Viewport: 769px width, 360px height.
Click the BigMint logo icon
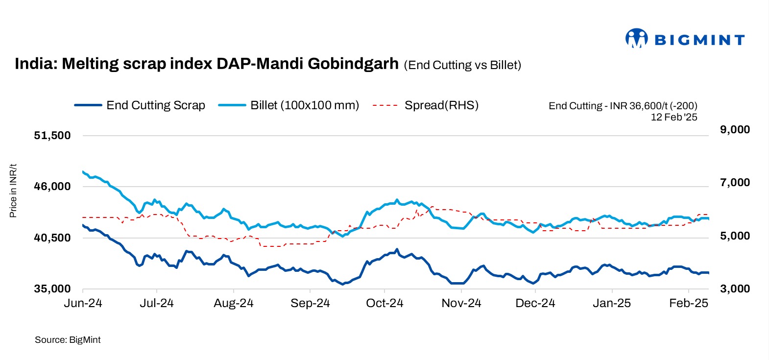[x=636, y=38]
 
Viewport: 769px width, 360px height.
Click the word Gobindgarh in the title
[x=353, y=64]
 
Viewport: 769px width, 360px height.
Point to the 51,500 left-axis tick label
[x=52, y=136]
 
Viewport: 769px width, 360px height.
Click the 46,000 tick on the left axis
[x=52, y=187]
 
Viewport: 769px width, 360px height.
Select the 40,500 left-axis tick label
[x=52, y=238]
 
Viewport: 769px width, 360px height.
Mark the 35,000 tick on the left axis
[x=52, y=289]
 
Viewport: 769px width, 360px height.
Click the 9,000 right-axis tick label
[x=735, y=130]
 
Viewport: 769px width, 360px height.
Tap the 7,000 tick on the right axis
[x=735, y=183]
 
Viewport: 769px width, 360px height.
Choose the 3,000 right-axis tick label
[x=735, y=289]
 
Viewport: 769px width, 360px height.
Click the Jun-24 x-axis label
[x=83, y=303]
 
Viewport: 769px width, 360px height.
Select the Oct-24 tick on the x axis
[x=384, y=303]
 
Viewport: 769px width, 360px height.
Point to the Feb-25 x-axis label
[x=689, y=303]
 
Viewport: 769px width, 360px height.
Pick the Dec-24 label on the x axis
[x=535, y=303]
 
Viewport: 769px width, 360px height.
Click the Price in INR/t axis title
[x=13, y=191]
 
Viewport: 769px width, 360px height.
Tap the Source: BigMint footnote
[x=68, y=340]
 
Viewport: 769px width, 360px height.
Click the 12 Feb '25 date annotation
[x=673, y=117]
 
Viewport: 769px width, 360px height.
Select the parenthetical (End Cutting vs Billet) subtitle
[x=462, y=65]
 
